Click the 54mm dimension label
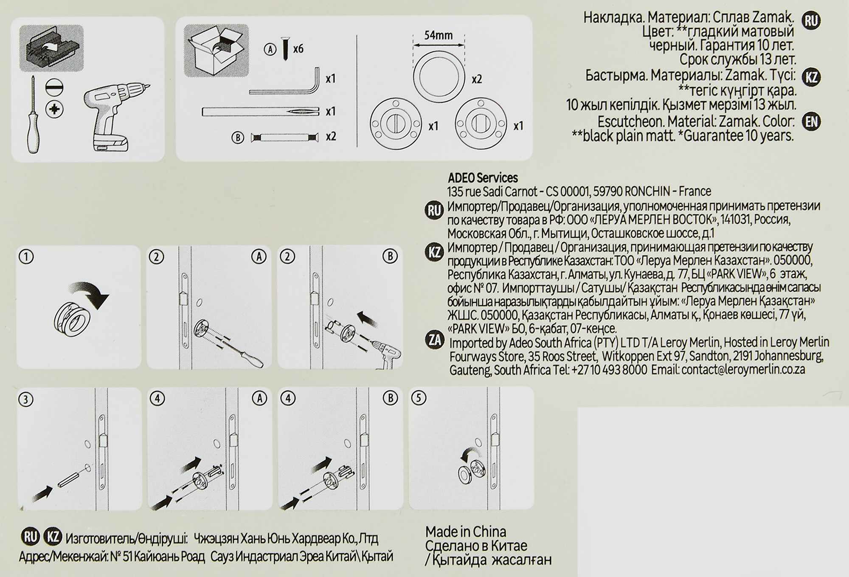[x=438, y=35]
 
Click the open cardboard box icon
[x=216, y=50]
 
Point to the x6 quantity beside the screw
[x=298, y=49]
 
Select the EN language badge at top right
[x=811, y=122]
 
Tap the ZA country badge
[x=435, y=340]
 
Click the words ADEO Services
[x=483, y=177]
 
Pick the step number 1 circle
[x=26, y=257]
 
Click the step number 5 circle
[x=419, y=398]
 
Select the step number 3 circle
[x=26, y=400]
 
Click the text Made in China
[x=466, y=532]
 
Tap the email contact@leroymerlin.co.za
[x=743, y=370]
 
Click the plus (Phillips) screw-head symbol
[x=54, y=109]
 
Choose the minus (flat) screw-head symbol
[x=54, y=88]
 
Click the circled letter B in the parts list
[x=238, y=138]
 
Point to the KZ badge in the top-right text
[x=811, y=77]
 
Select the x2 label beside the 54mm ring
[x=477, y=79]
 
